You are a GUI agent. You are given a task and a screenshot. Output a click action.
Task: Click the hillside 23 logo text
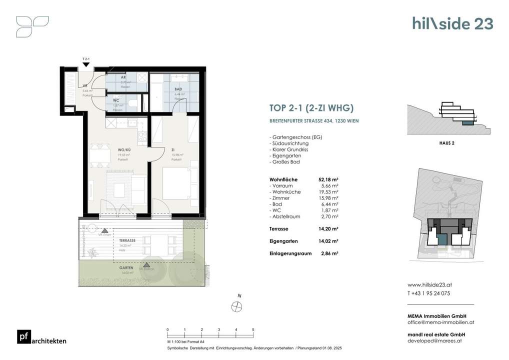coord(452,23)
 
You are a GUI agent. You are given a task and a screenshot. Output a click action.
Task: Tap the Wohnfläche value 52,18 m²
coord(328,179)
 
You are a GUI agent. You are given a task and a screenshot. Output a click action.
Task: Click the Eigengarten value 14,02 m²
coord(328,241)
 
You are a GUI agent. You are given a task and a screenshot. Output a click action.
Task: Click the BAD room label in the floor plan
coord(178,89)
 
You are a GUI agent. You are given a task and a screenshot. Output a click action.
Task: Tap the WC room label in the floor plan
coord(115,100)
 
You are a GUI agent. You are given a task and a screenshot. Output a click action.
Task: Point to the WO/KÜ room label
coord(124,150)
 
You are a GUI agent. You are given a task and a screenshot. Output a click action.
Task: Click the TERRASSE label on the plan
coord(127,240)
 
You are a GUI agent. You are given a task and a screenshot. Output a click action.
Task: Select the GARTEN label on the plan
coord(126,268)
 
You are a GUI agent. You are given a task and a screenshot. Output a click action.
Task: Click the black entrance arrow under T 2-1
coord(86,64)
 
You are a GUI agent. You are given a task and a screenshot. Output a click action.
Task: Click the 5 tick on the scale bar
coord(253,329)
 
